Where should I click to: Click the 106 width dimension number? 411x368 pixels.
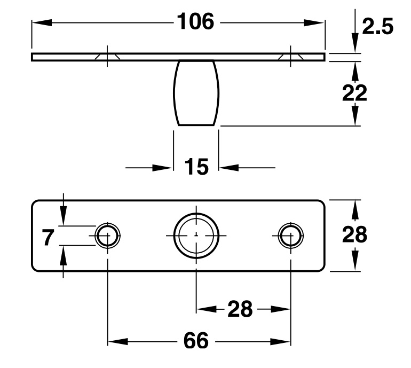(x=195, y=22)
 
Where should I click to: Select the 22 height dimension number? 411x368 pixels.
(x=355, y=93)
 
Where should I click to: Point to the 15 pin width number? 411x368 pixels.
(x=196, y=167)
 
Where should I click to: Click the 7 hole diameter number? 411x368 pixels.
(x=49, y=237)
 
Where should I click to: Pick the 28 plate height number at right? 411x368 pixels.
(x=354, y=235)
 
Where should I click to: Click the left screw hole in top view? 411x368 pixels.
(x=108, y=236)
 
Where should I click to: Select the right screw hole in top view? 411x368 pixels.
(x=291, y=236)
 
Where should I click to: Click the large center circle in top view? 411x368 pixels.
(x=196, y=236)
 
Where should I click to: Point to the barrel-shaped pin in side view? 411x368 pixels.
(x=196, y=93)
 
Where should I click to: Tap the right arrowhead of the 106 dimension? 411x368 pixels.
(x=317, y=22)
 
